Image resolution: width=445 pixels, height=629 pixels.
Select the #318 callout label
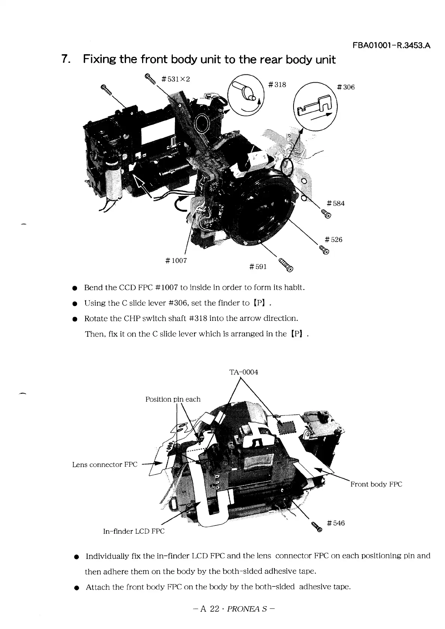click(277, 85)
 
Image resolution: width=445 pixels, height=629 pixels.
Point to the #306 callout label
click(346, 87)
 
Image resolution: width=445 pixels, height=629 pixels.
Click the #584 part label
click(335, 203)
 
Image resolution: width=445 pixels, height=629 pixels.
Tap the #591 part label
click(258, 266)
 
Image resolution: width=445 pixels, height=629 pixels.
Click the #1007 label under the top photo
click(175, 260)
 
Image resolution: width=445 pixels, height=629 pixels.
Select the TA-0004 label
click(243, 372)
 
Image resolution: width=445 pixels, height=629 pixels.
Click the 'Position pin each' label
click(173, 399)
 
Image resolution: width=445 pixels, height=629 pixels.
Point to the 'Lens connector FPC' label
click(105, 464)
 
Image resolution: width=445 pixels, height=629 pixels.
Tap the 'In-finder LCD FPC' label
click(133, 531)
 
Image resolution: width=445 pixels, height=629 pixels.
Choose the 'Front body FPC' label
click(376, 484)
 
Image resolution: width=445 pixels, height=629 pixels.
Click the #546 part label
click(335, 523)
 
